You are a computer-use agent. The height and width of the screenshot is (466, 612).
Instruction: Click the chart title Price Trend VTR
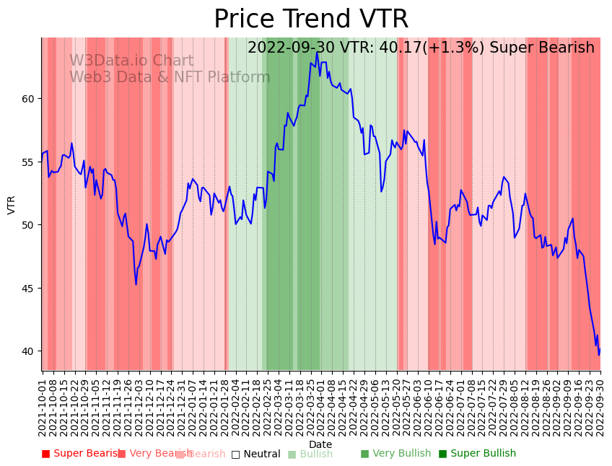pyautogui.click(x=311, y=19)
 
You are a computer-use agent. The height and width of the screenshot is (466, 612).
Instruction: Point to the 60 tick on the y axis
pyautogui.click(x=30, y=99)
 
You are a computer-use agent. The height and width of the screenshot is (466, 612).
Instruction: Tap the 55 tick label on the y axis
pyautogui.click(x=30, y=162)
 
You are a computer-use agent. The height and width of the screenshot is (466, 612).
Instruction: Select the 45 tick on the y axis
pyautogui.click(x=30, y=289)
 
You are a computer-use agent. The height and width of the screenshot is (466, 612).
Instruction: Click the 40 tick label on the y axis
pyautogui.click(x=30, y=351)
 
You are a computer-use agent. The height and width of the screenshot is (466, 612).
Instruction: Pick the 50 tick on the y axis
pyautogui.click(x=30, y=225)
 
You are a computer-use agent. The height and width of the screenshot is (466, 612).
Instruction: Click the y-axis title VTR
pyautogui.click(x=12, y=204)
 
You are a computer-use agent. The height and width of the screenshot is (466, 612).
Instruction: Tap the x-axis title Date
pyautogui.click(x=320, y=444)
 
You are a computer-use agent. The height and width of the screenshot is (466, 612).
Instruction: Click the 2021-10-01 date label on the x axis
pyautogui.click(x=43, y=408)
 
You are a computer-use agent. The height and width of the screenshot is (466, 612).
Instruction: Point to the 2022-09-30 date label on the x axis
pyautogui.click(x=600, y=408)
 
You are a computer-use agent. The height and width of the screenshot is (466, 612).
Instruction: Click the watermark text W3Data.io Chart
pyautogui.click(x=131, y=61)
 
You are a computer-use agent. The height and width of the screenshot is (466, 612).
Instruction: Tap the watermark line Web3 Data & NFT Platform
pyautogui.click(x=170, y=77)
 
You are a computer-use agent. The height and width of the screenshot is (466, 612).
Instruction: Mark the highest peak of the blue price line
pyautogui.click(x=317, y=52)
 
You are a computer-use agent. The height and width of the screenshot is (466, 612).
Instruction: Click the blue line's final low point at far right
pyautogui.click(x=598, y=355)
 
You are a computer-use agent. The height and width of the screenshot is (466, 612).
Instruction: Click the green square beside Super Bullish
pyautogui.click(x=443, y=454)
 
